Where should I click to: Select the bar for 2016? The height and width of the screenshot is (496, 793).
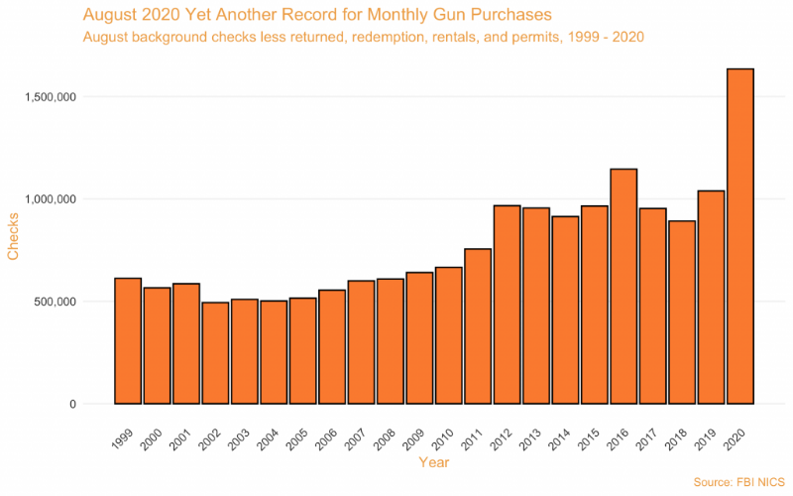point(623,287)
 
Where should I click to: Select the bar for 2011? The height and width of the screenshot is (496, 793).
point(478,326)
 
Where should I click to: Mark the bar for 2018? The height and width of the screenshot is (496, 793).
point(682,312)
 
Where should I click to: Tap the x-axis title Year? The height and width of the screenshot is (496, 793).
point(434,462)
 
